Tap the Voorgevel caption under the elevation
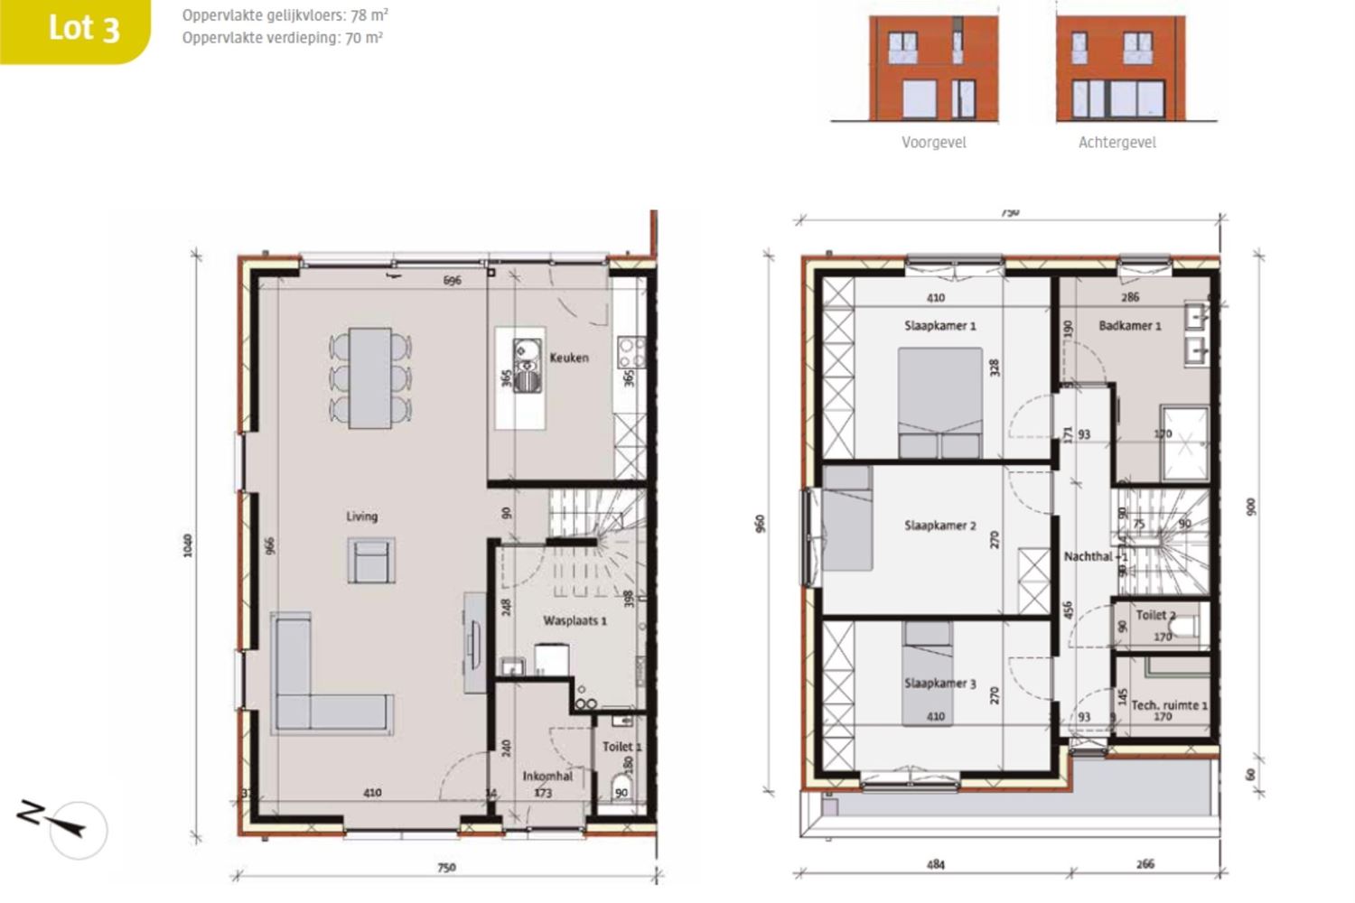click(933, 143)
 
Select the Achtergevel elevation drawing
click(1119, 69)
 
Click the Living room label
click(361, 517)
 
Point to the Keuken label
click(569, 358)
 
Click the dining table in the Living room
click(370, 377)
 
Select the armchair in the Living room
click(371, 561)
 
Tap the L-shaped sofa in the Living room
click(316, 686)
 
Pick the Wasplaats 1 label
click(575, 620)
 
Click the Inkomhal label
click(547, 776)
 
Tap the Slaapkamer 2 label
click(939, 525)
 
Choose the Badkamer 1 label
click(1129, 325)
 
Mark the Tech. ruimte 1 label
click(1169, 704)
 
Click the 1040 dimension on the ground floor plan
click(188, 545)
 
